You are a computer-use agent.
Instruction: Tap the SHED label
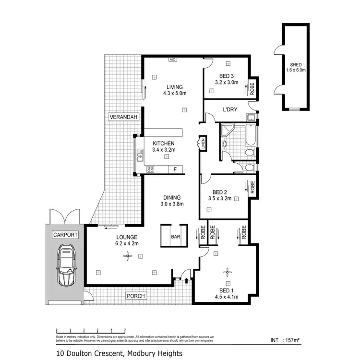tap(298, 67)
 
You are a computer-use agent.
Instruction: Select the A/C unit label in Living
tap(172, 60)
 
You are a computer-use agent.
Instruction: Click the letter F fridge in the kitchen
tap(175, 169)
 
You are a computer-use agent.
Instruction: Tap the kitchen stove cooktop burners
tap(150, 169)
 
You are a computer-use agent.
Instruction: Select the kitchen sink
tap(140, 155)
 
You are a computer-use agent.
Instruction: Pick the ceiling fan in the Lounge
tap(127, 256)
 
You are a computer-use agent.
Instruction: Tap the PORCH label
tap(135, 296)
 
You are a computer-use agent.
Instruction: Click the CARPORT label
tap(65, 235)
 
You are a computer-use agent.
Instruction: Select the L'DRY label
tap(230, 110)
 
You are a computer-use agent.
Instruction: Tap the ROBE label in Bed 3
tap(252, 89)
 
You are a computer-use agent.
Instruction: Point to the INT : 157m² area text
tap(285, 341)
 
